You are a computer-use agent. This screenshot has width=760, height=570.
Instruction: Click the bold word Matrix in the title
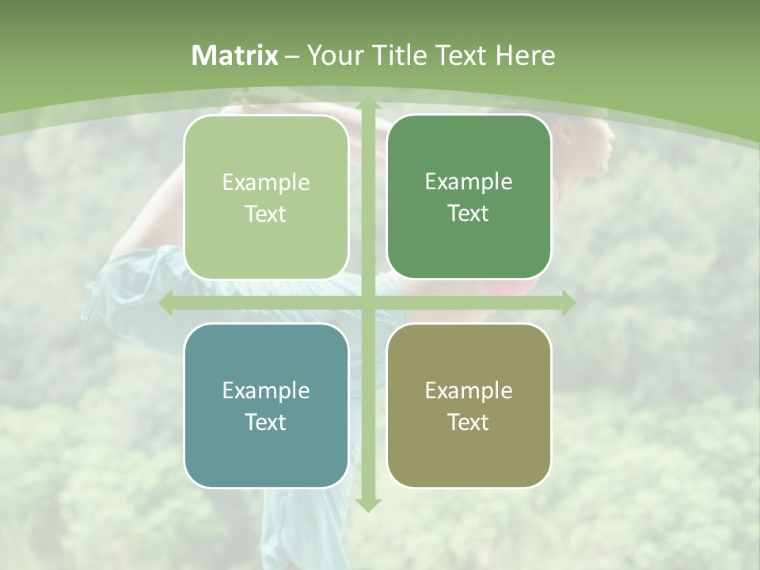tap(235, 55)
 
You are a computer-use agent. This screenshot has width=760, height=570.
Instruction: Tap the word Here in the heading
tap(525, 55)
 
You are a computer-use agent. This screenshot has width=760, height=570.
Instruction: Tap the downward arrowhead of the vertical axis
tap(367, 504)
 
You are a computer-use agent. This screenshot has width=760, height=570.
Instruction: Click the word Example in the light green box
tap(266, 183)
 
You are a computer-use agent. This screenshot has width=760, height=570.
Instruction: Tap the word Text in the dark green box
tap(469, 214)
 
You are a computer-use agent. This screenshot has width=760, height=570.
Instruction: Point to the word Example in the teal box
tap(266, 390)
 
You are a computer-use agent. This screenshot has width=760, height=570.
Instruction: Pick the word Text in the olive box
tap(469, 423)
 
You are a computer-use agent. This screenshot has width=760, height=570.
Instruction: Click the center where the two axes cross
tap(367, 302)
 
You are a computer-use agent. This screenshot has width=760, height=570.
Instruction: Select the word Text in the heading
tap(458, 55)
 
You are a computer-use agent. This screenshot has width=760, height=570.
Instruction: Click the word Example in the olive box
tap(469, 390)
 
